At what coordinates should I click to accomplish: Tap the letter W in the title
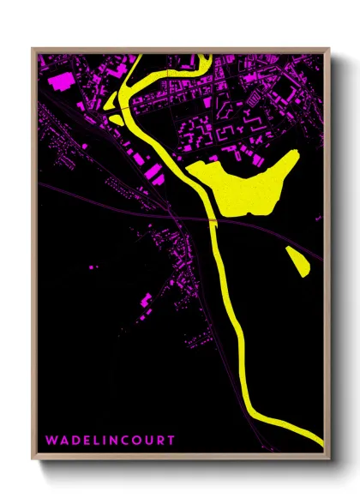(50, 440)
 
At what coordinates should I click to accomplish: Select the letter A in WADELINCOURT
(63, 440)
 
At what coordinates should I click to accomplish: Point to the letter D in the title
(74, 440)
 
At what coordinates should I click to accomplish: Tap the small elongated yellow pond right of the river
(297, 261)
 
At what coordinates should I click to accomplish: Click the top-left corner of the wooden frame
(33, 49)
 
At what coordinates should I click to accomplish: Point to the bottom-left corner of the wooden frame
(33, 461)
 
